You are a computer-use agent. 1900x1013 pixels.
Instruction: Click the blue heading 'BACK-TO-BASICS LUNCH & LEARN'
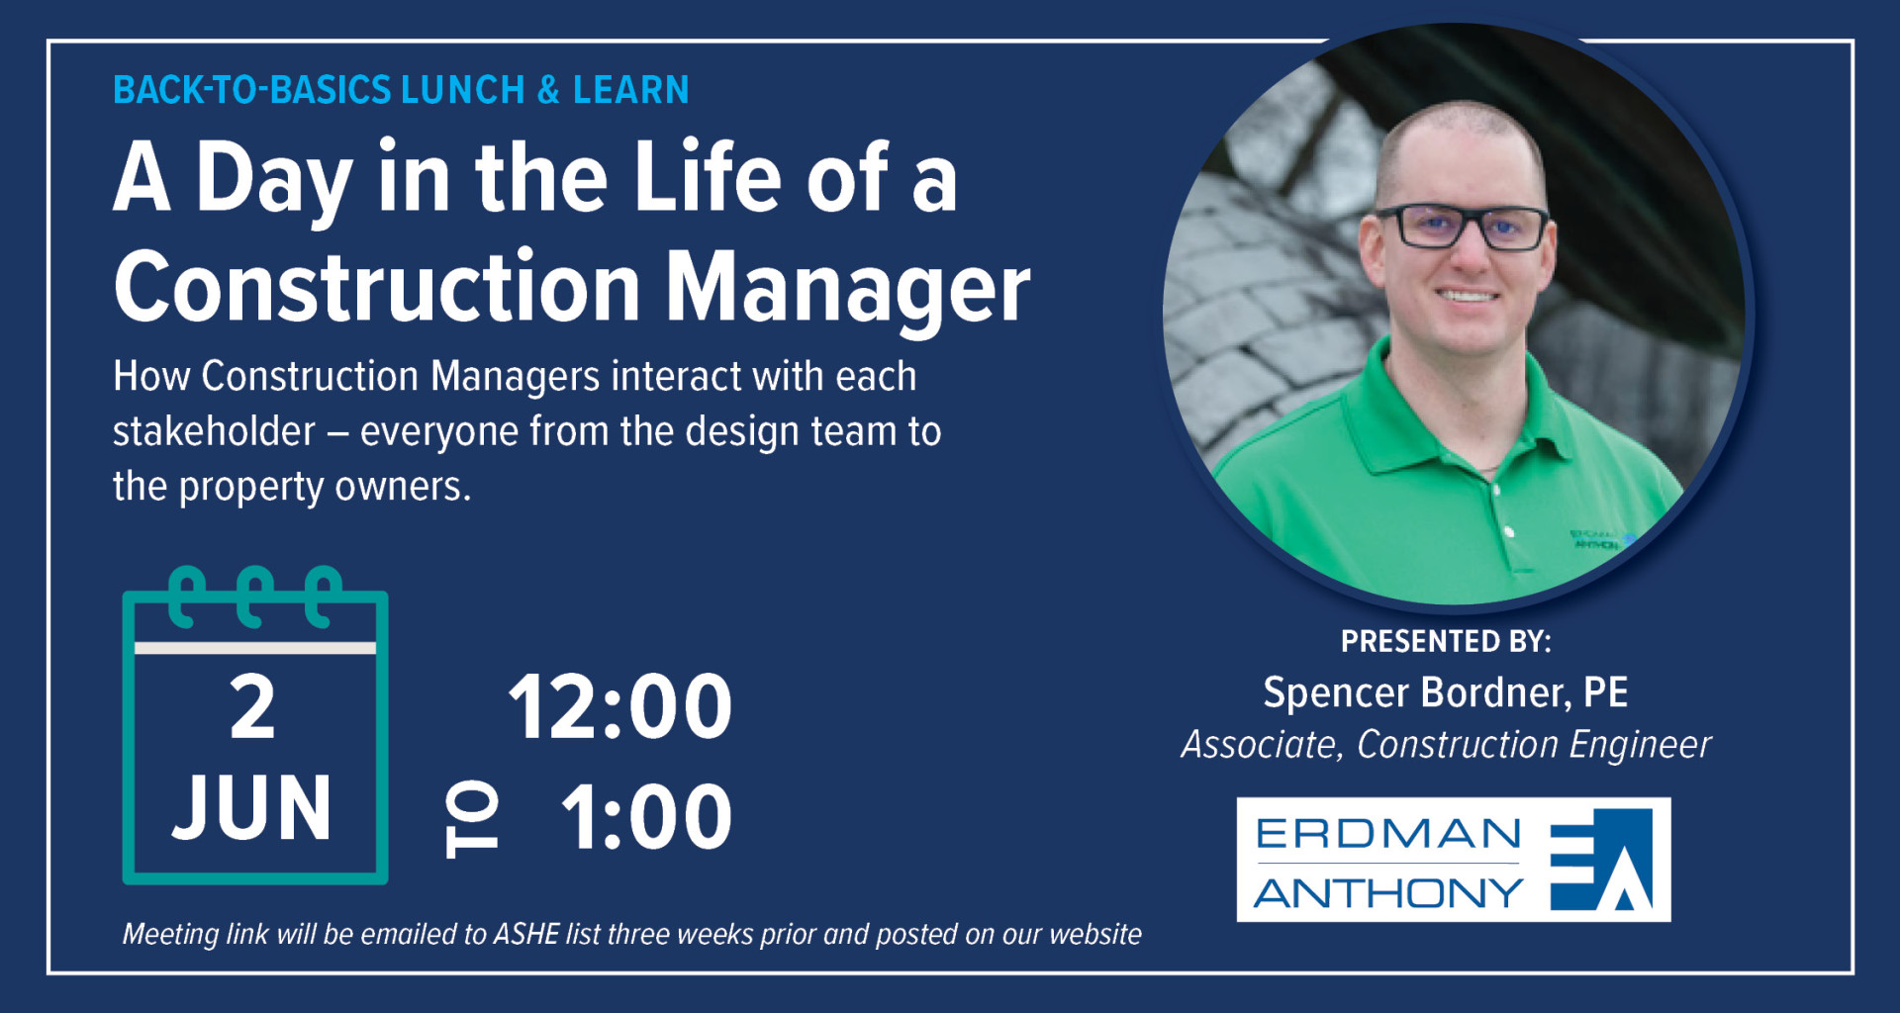point(401,90)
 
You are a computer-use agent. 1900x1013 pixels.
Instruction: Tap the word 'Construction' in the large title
point(378,287)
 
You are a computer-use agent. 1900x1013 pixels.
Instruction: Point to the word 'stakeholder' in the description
point(214,431)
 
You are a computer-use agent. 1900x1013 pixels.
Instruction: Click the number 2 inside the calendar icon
point(252,707)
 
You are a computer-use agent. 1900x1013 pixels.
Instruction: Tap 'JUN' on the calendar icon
point(252,808)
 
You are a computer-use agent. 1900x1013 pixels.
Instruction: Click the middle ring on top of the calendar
point(254,596)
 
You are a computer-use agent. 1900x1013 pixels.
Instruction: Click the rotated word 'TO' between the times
point(471,818)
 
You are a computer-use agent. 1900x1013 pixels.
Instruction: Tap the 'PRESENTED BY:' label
point(1446,642)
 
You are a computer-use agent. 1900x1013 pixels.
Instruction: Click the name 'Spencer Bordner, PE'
point(1446,692)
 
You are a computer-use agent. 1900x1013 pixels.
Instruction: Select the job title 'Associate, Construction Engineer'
point(1446,745)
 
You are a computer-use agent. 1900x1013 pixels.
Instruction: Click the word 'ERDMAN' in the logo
point(1388,834)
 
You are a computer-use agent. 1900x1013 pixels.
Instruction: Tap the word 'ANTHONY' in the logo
point(1388,893)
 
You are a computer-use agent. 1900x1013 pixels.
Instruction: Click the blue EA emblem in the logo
point(1601,860)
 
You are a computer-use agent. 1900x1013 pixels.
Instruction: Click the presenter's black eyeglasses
point(1463,228)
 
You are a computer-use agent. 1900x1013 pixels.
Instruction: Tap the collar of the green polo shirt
point(1465,415)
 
